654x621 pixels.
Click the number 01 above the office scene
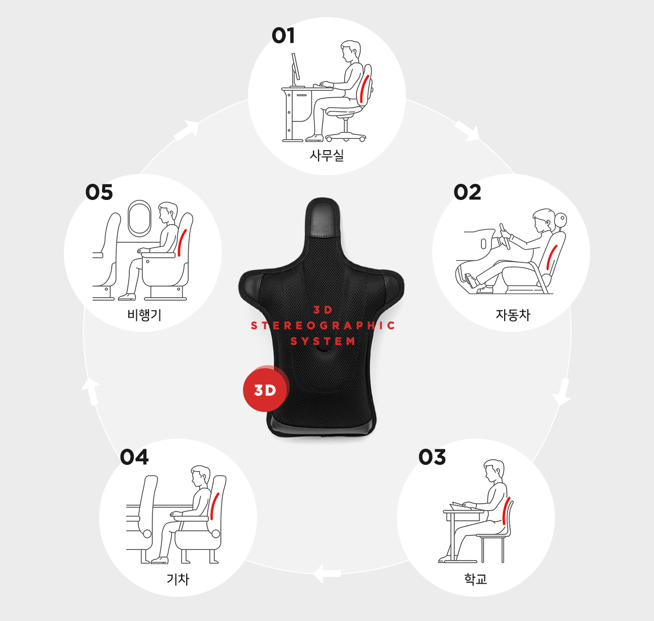pos(283,36)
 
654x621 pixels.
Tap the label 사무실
pos(326,155)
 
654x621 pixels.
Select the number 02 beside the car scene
pos(467,192)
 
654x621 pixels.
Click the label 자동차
pos(513,315)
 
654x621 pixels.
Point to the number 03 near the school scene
pos(432,457)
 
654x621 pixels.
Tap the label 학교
pos(476,579)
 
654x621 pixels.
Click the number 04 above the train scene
pos(134,457)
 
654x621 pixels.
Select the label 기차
pos(178,579)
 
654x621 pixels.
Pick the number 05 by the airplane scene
pos(99,192)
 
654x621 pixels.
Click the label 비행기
pos(144,315)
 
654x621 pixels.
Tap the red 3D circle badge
pos(265,390)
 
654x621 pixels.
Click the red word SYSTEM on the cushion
pos(322,341)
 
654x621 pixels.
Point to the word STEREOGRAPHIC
pos(323,325)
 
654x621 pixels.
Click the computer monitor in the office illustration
pos(296,66)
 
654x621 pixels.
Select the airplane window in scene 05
pos(139,217)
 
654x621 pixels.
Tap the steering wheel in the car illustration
pos(505,236)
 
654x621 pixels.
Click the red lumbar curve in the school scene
pos(506,511)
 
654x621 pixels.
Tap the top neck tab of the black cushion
pos(322,217)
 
